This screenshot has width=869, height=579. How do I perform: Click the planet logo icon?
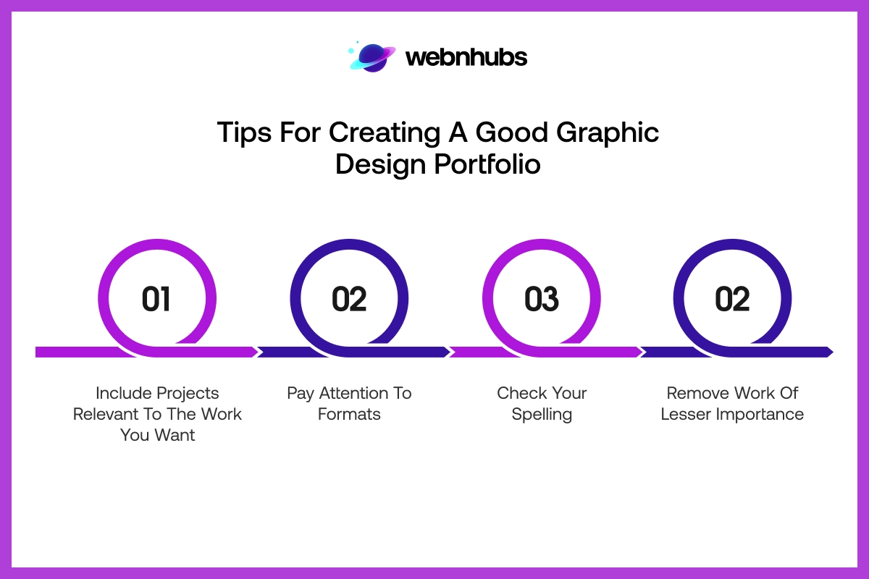coord(372,57)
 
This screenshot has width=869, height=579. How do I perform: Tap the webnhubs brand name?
coord(466,57)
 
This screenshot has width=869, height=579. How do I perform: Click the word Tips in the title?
coord(242,133)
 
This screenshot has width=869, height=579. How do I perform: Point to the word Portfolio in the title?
coord(487,165)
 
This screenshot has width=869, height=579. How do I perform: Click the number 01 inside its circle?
coord(156,299)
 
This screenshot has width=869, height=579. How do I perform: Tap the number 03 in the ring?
coord(542,299)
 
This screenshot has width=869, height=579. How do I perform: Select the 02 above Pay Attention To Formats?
coord(349,299)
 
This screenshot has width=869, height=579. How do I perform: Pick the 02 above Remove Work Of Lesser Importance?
coord(732,299)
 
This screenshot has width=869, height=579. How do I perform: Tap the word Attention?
coord(353,393)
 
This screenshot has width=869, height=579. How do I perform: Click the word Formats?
coord(349,415)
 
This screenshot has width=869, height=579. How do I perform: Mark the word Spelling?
coord(542,415)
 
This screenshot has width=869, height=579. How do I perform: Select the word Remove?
coord(697,393)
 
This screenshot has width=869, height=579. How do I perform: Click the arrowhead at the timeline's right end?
coord(828,352)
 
